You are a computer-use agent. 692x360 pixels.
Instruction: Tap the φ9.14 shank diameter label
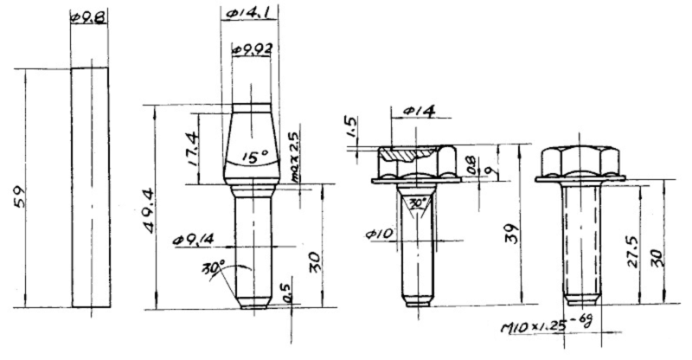coord(191,237)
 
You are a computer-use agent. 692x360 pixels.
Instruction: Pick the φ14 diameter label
coord(418,112)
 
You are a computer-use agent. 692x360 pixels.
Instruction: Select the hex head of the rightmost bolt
coord(580,161)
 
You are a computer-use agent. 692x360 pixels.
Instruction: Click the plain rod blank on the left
coord(90,186)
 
